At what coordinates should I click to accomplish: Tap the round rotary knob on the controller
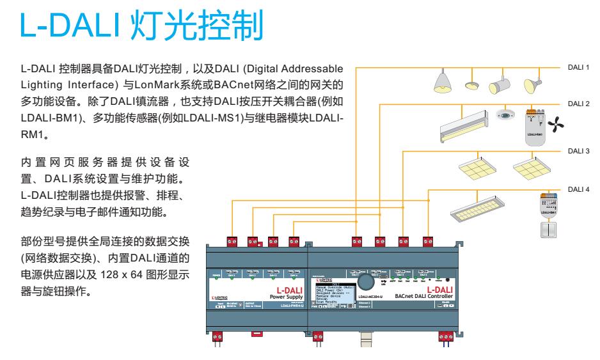366,281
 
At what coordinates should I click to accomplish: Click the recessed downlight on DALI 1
473,85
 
